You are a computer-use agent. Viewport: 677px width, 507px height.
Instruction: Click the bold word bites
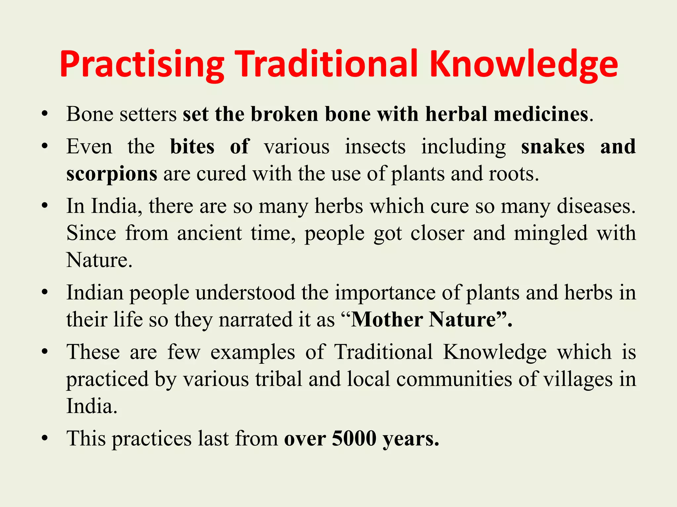coord(192,147)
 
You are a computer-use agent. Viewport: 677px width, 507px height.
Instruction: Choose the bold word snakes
coord(553,147)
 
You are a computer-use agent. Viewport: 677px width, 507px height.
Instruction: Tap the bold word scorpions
coord(112,174)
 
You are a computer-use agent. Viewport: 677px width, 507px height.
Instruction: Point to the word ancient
coord(209,233)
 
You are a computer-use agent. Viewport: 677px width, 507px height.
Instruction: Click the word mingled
coord(550,233)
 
